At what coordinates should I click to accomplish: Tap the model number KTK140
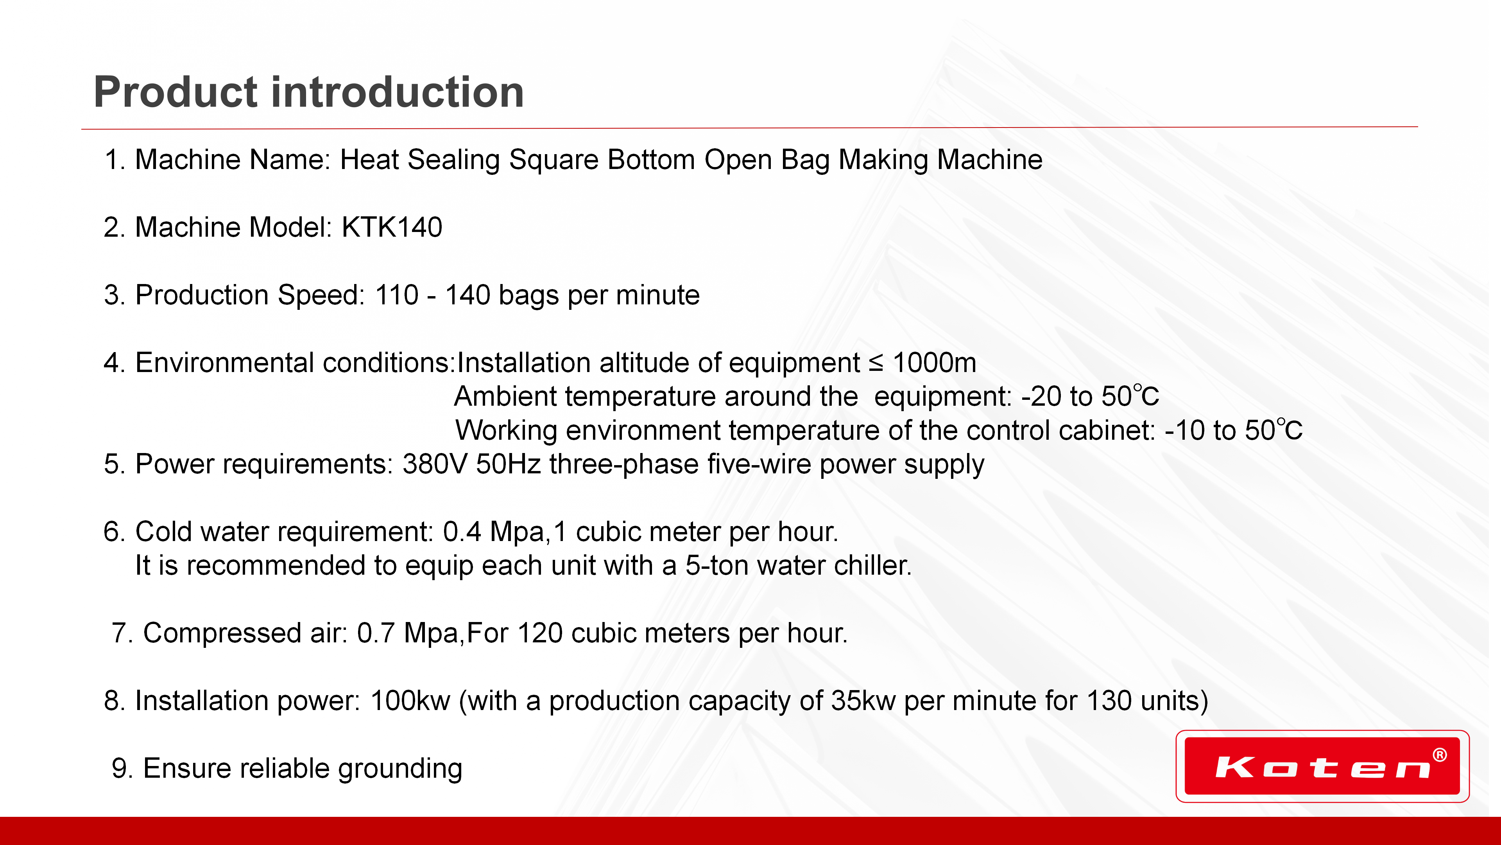click(x=392, y=227)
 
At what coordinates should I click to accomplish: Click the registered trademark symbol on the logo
click(x=1439, y=755)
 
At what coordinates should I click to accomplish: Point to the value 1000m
click(x=934, y=363)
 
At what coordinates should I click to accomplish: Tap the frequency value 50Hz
click(x=508, y=464)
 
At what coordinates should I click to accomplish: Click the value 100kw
click(x=410, y=701)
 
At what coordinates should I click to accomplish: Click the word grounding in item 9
click(x=400, y=769)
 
